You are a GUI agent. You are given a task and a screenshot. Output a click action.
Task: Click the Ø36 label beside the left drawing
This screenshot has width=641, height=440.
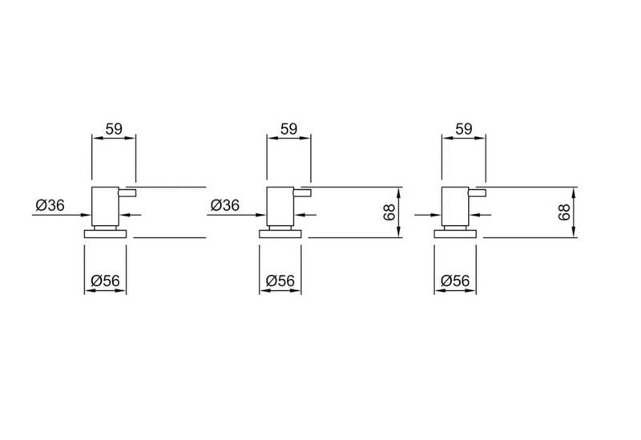(50, 205)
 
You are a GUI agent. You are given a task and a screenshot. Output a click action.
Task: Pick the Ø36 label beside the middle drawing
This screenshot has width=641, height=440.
(225, 205)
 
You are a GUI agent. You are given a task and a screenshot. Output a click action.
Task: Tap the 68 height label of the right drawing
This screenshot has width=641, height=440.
(564, 212)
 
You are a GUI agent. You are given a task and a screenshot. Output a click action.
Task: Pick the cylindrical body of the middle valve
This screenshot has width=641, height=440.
(280, 206)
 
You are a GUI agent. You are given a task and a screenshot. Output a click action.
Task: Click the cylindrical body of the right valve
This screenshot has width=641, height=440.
(455, 206)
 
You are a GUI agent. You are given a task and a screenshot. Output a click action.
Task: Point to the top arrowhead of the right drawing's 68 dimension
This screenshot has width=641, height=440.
(574, 192)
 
